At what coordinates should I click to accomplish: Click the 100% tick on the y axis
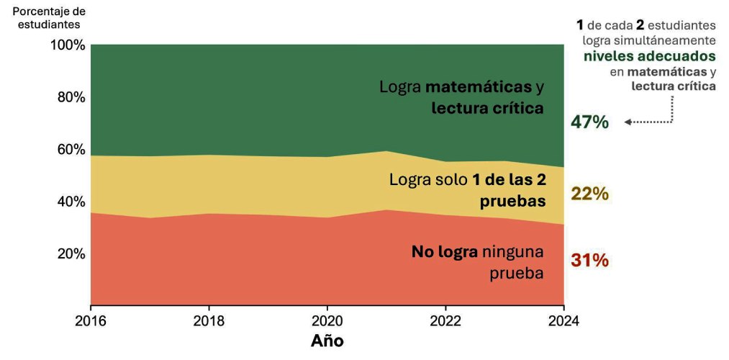point(68,45)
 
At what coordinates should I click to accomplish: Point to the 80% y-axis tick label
point(71,97)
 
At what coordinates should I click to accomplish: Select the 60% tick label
point(71,150)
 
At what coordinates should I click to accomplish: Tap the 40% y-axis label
point(71,202)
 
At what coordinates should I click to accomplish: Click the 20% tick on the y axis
point(71,253)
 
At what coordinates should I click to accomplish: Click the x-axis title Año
point(327,340)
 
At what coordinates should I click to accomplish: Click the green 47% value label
point(589,122)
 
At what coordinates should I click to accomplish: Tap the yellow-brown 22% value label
point(589,194)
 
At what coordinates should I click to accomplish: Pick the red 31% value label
point(589,260)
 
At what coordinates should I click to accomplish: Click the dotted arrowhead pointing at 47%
point(628,122)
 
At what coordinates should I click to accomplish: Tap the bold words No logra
point(444,252)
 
